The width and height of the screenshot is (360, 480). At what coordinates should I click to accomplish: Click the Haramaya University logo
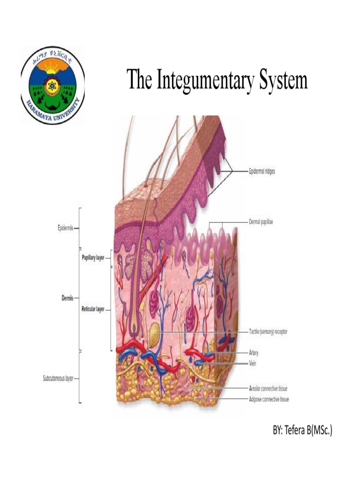(52, 85)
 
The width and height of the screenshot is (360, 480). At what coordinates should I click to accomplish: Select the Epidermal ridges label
(262, 172)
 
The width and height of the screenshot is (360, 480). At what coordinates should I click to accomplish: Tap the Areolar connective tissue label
(268, 389)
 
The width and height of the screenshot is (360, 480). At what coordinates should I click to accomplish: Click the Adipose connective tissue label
(269, 400)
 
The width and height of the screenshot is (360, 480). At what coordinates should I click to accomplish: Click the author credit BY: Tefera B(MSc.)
(302, 431)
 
